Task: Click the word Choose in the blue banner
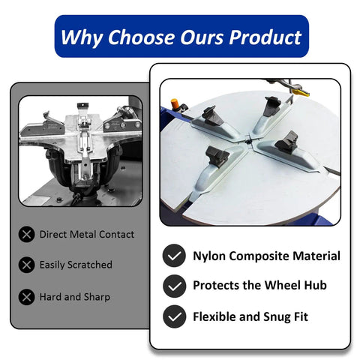[x=141, y=37]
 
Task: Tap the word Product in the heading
[x=265, y=37]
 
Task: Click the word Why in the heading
[x=82, y=37]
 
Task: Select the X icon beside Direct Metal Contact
[x=26, y=235]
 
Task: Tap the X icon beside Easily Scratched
[x=26, y=265]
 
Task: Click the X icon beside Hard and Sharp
[x=26, y=297]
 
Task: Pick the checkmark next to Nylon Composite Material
[x=174, y=256]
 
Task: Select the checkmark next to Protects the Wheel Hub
[x=174, y=286]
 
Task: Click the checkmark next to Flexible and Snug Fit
[x=174, y=316]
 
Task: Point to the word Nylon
[x=209, y=256]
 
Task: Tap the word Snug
[x=277, y=317]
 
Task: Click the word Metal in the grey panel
[x=83, y=235]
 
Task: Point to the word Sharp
[x=97, y=298]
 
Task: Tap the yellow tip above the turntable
[x=301, y=93]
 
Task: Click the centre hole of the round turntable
[x=248, y=142]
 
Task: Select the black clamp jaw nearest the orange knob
[x=212, y=115]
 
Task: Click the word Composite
[x=259, y=256]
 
